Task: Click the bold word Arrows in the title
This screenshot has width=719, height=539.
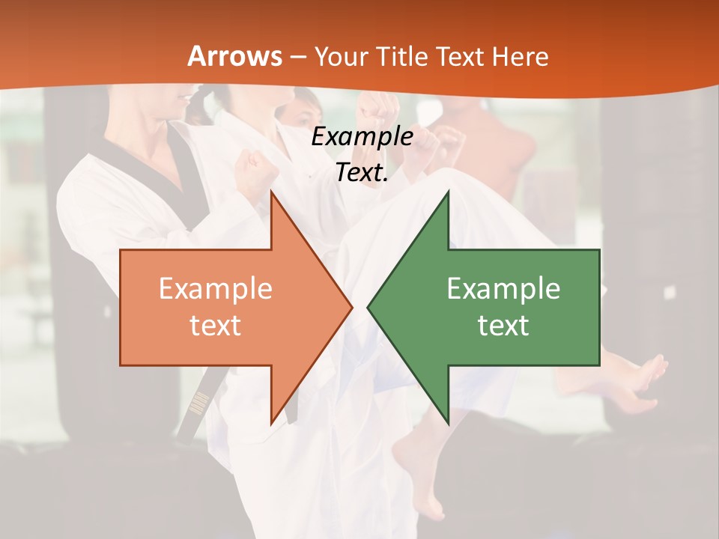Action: (235, 57)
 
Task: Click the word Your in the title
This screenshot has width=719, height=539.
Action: (339, 57)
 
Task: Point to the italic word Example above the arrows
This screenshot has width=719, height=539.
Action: (362, 137)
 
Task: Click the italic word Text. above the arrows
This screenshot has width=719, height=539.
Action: (362, 173)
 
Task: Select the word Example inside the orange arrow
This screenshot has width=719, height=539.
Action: (215, 289)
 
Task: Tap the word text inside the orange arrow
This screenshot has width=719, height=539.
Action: (215, 326)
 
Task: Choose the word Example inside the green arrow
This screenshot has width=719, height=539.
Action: (503, 289)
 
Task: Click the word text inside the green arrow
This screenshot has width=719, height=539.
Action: (503, 326)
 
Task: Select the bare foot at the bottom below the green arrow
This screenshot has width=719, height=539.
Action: (423, 479)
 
